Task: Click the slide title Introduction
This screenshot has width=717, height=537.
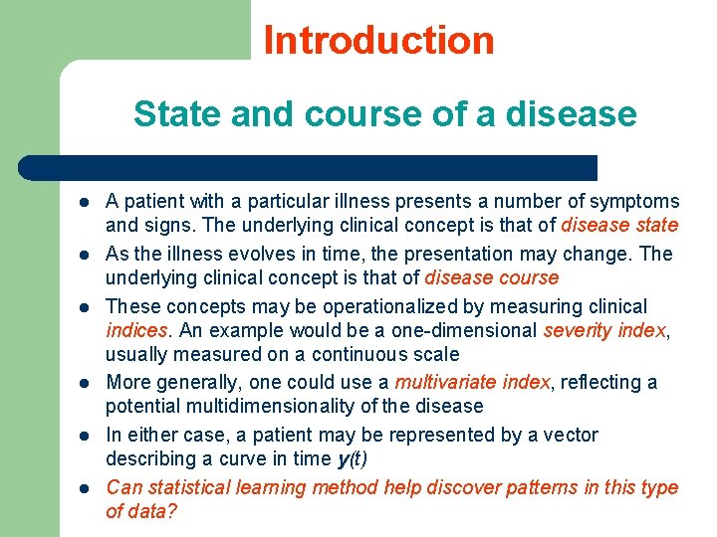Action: pos(378,41)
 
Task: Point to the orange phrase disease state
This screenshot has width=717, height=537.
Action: pos(619,226)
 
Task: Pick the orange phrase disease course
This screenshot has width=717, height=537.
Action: pos(491,277)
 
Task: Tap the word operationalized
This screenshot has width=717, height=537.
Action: pos(373,306)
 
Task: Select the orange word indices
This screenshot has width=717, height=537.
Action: pos(135,330)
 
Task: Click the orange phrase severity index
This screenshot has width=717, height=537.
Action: pos(604,330)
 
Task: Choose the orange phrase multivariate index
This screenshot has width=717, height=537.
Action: pos(472,382)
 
